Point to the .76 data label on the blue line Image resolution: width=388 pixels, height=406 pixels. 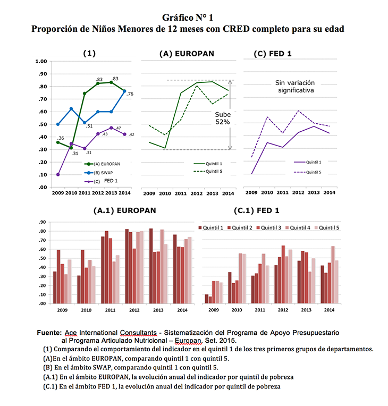click(x=130, y=94)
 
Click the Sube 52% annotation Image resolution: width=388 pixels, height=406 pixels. click(x=222, y=118)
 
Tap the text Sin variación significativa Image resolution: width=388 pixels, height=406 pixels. click(x=294, y=87)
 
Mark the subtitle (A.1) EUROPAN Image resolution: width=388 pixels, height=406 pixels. click(x=124, y=210)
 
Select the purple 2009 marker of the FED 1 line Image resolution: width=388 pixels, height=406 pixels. click(x=57, y=174)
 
